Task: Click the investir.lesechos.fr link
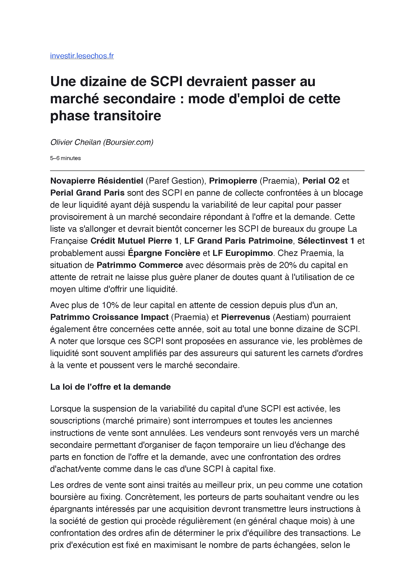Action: (x=82, y=56)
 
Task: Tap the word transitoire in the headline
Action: (x=127, y=116)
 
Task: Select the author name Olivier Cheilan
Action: (x=75, y=142)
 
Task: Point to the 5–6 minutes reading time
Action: (x=65, y=158)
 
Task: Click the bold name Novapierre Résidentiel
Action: (x=97, y=181)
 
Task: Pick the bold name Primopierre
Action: (x=233, y=181)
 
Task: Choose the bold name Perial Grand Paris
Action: (x=87, y=193)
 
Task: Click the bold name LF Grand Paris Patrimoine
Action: (x=238, y=241)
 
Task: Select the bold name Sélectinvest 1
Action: (x=326, y=241)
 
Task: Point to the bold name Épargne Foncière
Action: (x=164, y=253)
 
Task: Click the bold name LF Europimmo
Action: (x=243, y=253)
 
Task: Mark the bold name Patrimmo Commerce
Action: (x=140, y=265)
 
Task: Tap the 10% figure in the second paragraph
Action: (x=110, y=305)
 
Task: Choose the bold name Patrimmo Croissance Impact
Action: (x=109, y=317)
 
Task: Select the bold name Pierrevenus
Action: (x=245, y=317)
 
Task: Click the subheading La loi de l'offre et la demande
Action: (x=110, y=387)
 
